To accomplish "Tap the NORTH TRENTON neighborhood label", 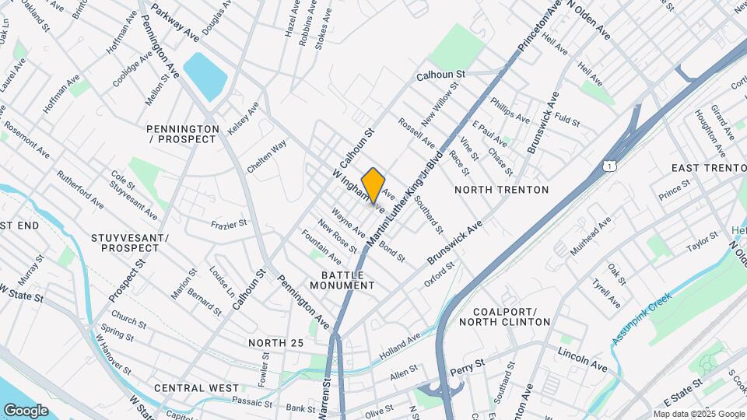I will click(501, 190).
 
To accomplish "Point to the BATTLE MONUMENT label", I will click(342, 280).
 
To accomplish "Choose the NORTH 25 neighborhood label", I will click(275, 343).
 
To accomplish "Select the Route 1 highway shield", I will click(611, 165).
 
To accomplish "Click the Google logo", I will click(26, 410).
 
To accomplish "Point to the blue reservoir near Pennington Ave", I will click(205, 76).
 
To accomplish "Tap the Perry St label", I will click(468, 363).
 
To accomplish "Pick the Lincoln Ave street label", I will click(582, 359).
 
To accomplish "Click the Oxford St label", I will click(439, 278).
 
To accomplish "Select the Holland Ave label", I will click(400, 345).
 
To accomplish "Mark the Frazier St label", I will click(228, 224).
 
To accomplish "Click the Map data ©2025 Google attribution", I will click(697, 414).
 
